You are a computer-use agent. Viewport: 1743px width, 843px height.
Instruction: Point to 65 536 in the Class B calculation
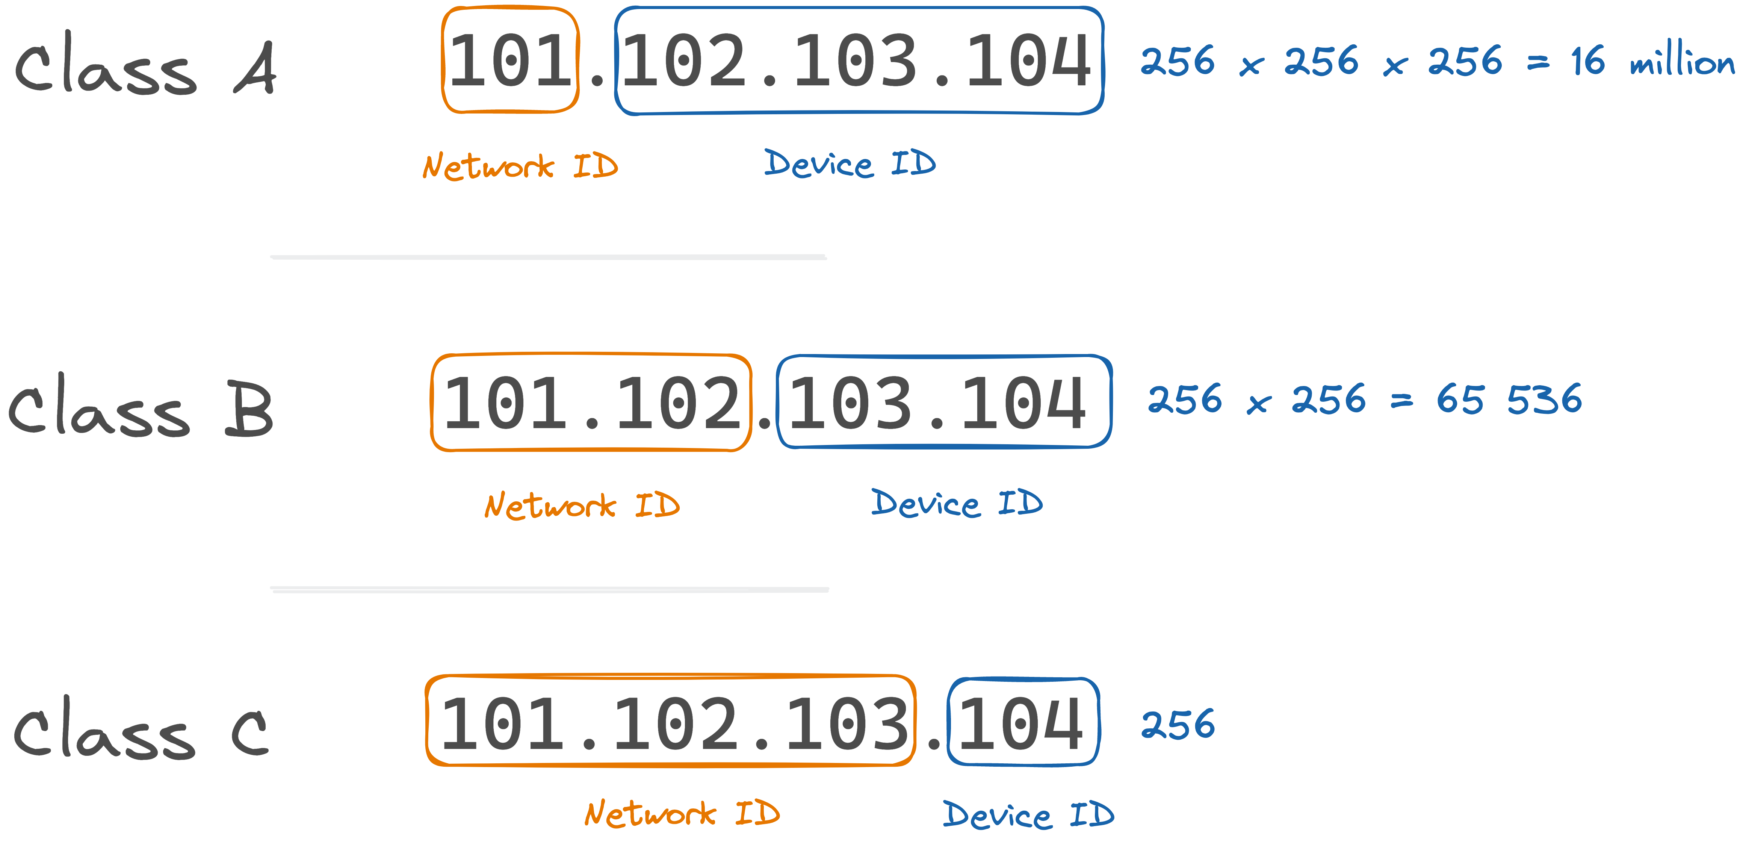[1509, 399]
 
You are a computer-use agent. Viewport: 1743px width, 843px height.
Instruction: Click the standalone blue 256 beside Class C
[1178, 725]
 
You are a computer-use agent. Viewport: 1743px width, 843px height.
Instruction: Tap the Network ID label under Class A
[520, 166]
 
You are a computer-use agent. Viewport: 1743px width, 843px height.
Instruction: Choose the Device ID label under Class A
[850, 164]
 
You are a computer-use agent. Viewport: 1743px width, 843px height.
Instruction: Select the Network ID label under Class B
[582, 506]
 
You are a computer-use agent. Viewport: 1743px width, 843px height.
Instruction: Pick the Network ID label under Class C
[682, 814]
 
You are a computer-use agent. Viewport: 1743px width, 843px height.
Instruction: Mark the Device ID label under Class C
[1028, 815]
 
